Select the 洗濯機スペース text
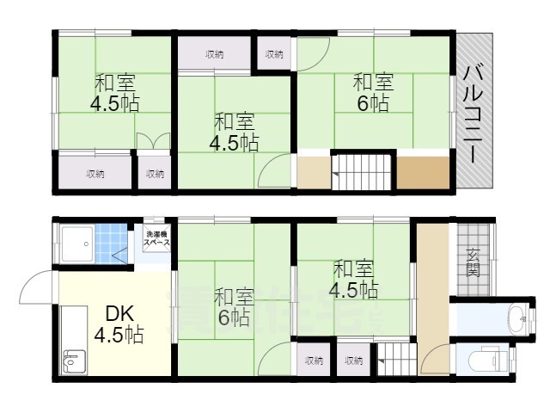point(156,238)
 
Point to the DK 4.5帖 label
point(119,323)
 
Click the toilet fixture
point(488,356)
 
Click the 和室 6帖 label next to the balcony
point(373,93)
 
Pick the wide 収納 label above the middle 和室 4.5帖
point(215,55)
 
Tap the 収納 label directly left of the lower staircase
point(353,361)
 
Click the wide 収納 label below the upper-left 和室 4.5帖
point(95,174)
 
